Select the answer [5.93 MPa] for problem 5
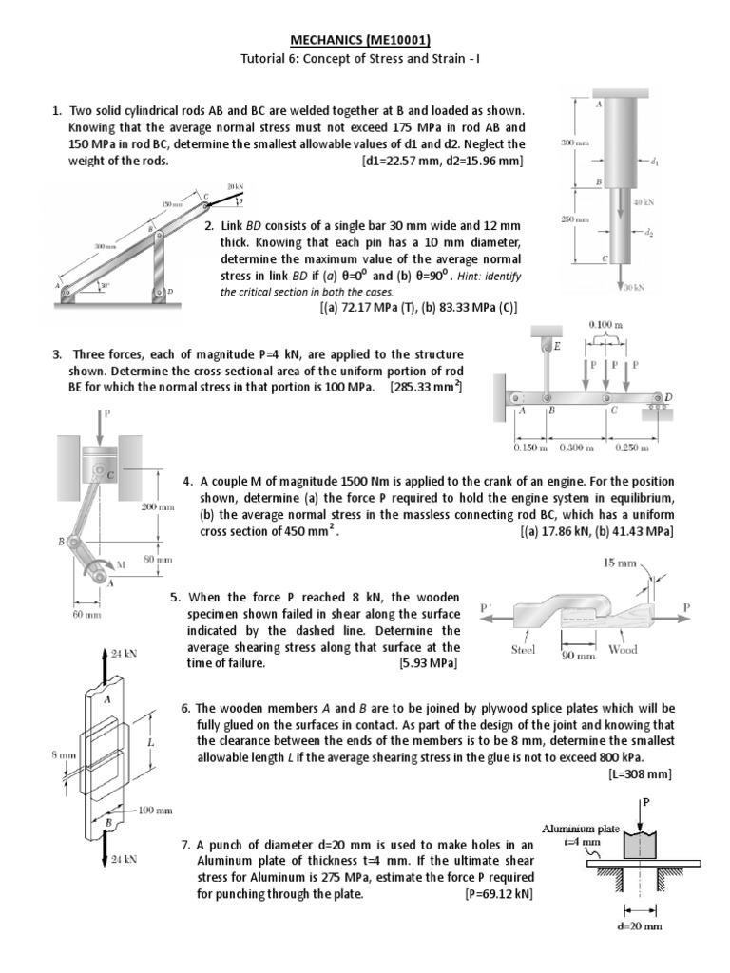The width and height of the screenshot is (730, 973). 429,663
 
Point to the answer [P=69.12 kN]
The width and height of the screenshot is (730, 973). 499,894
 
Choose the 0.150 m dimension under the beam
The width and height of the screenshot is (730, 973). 530,447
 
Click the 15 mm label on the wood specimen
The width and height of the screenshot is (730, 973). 620,563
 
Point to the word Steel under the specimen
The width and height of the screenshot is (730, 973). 524,650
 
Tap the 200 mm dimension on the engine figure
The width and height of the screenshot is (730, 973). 158,507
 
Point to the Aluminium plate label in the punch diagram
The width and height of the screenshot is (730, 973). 581,828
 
